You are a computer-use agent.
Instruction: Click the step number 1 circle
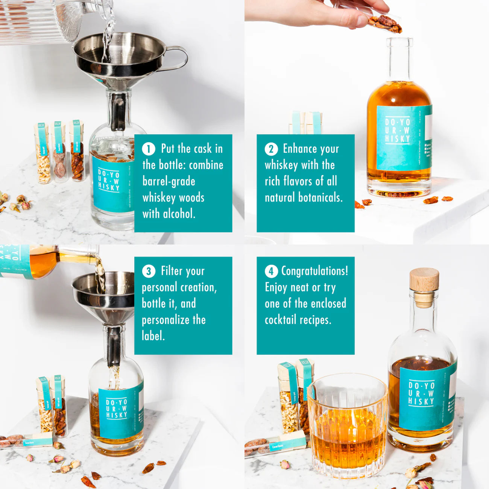pyautogui.click(x=149, y=149)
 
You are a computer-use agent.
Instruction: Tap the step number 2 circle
pyautogui.click(x=271, y=149)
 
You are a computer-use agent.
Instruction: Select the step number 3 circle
pyautogui.click(x=149, y=271)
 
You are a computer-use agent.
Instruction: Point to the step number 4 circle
pyautogui.click(x=271, y=271)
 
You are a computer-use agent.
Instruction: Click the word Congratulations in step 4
pyautogui.click(x=314, y=271)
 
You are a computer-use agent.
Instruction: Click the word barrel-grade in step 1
pyautogui.click(x=169, y=181)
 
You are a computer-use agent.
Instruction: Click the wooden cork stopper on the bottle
pyautogui.click(x=424, y=279)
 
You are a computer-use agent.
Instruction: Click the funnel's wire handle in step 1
pyautogui.click(x=177, y=58)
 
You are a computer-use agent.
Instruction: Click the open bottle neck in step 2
pyautogui.click(x=399, y=56)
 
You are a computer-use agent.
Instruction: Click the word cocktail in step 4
pyautogui.click(x=280, y=320)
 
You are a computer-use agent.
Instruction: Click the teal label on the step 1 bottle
pyautogui.click(x=111, y=184)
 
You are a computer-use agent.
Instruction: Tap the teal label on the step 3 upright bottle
pyautogui.click(x=120, y=412)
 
